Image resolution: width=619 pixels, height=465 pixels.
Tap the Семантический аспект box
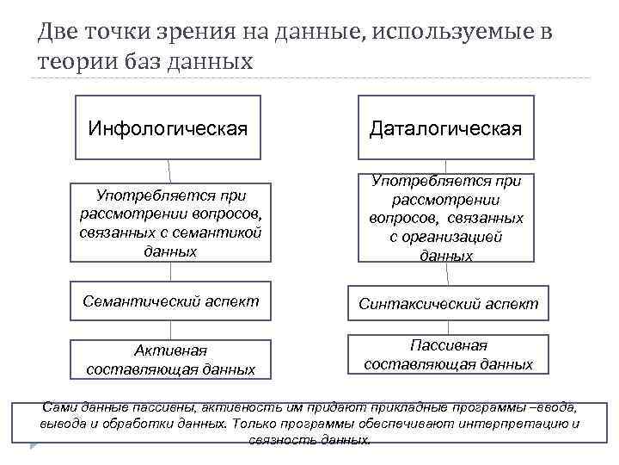tap(170, 301)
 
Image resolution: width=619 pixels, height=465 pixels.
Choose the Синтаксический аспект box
tap(448, 303)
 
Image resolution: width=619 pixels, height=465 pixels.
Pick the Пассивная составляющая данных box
tap(448, 355)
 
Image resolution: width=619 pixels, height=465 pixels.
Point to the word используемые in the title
tap(452, 33)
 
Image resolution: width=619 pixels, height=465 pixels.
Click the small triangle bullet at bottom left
tap(34, 446)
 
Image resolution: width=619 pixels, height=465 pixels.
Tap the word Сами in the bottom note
tap(58, 406)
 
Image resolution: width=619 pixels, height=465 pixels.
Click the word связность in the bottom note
tap(279, 439)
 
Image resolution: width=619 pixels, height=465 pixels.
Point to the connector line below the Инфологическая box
tap(169, 170)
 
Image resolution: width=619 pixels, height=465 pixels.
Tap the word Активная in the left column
tap(170, 350)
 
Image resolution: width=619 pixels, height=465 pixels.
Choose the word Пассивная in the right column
tap(448, 345)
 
